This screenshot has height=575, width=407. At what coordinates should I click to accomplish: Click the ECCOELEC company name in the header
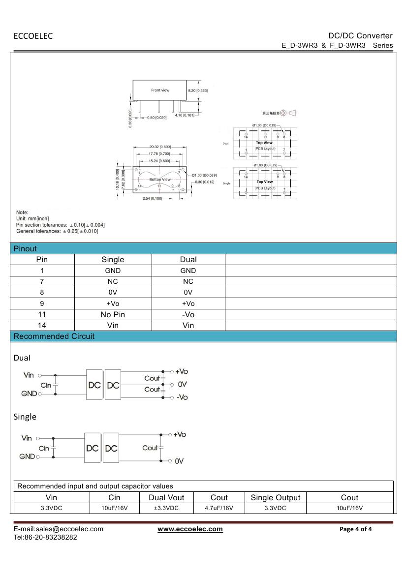pos(33,36)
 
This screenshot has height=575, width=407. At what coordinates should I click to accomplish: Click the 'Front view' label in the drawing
pos(160,91)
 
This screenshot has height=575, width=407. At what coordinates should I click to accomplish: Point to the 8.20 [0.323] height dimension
pos(198,91)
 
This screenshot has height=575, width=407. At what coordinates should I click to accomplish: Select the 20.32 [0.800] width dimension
pos(160,147)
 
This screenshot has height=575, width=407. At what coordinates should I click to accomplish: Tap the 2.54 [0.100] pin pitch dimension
pos(152,198)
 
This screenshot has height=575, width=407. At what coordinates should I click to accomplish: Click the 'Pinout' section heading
pos(25,248)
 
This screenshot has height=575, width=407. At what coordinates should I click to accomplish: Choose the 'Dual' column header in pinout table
pos(188,259)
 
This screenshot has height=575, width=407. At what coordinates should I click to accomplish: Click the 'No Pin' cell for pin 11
pos(113,314)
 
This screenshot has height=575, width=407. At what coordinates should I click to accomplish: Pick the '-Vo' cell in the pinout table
pos(188,314)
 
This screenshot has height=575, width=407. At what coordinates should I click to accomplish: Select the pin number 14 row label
pos(42,325)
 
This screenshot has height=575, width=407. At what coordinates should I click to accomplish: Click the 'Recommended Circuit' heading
pos(54,336)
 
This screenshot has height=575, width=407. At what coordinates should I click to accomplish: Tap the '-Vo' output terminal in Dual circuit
pos(182,397)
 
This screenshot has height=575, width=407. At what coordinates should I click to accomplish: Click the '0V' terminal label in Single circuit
pos(179,461)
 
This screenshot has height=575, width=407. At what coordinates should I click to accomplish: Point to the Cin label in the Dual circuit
pos(46,385)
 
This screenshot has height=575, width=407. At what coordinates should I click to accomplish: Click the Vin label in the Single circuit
pos(27,438)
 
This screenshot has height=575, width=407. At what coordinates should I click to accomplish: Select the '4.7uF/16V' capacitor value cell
pos(219,508)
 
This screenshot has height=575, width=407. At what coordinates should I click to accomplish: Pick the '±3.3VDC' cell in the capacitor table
pos(166,508)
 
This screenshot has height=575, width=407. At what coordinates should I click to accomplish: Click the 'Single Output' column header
pos(275,497)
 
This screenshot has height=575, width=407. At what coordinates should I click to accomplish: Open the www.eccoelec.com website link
pos(190,529)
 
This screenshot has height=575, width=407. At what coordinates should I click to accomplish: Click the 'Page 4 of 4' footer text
pos(356,529)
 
